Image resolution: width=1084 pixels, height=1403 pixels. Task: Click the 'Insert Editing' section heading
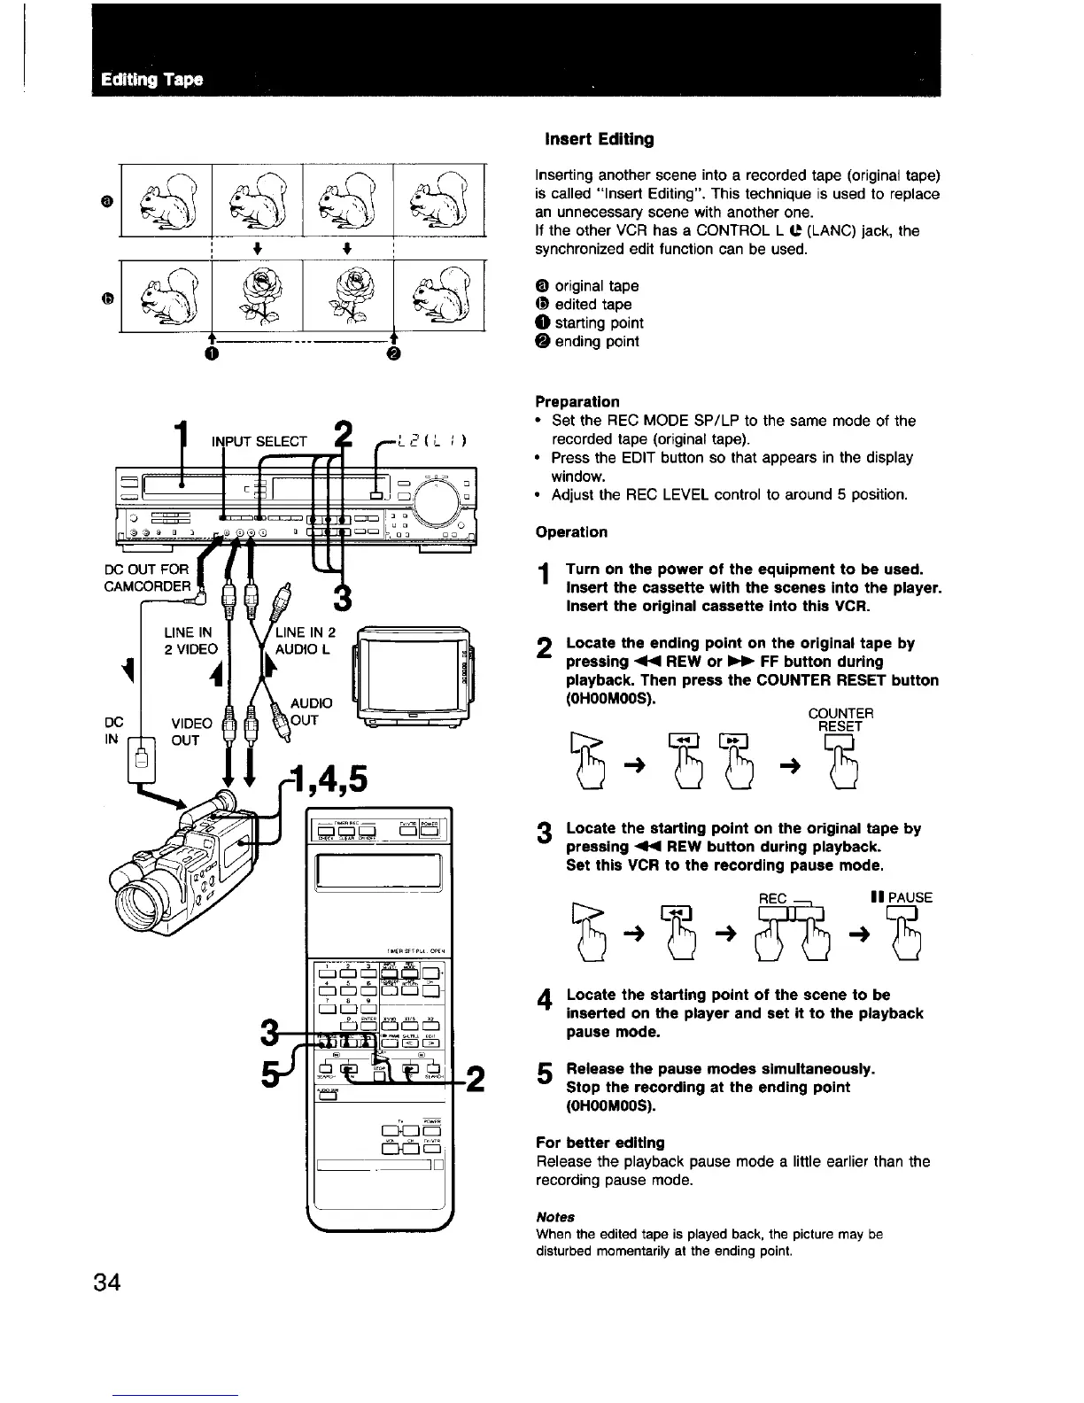pyautogui.click(x=599, y=139)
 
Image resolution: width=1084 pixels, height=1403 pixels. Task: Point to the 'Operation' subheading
pyautogui.click(x=571, y=531)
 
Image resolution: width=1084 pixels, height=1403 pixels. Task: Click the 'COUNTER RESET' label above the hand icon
pyautogui.click(x=840, y=719)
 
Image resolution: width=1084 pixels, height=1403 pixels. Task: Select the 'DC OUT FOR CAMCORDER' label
pyautogui.click(x=146, y=577)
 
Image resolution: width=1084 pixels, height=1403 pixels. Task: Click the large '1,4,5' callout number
pyautogui.click(x=334, y=780)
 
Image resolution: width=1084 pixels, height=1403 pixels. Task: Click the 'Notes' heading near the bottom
pyautogui.click(x=555, y=1216)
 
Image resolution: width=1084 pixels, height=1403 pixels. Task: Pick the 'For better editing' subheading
pyautogui.click(x=600, y=1142)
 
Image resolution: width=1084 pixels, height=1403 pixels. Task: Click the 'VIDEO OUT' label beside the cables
pyautogui.click(x=191, y=732)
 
